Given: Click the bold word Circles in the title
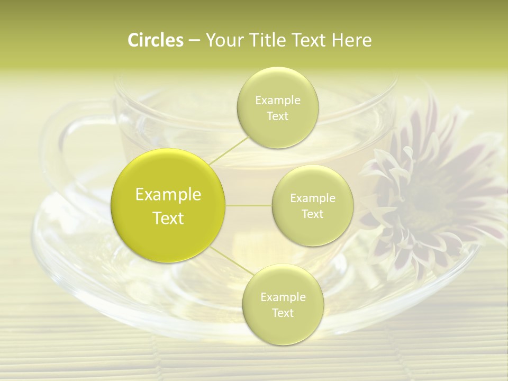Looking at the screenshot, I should click(x=155, y=40).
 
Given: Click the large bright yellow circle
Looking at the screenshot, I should click(x=168, y=205).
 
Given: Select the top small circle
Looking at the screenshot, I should click(x=277, y=107).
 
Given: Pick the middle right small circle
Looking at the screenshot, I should click(x=312, y=205).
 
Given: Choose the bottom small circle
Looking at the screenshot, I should click(x=283, y=304).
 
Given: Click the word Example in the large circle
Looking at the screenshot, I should click(x=168, y=195).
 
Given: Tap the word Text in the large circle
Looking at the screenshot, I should click(x=168, y=218).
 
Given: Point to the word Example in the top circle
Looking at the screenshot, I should click(x=278, y=101).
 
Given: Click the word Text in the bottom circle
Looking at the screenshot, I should click(x=283, y=313).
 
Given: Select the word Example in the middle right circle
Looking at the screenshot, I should click(x=313, y=198).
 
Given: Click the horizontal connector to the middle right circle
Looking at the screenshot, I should click(x=249, y=205).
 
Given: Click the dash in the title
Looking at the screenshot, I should click(x=194, y=41).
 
